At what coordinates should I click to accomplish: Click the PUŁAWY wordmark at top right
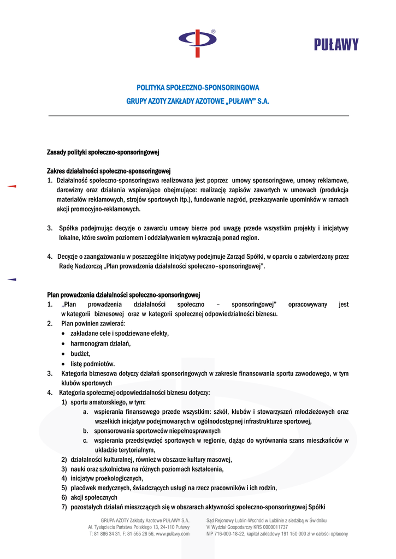336,44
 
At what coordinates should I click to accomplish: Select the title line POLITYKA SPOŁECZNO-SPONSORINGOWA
198,87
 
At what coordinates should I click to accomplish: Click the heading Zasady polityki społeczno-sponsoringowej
103,151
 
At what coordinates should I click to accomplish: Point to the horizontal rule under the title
198,116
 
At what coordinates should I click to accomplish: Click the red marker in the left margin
11,187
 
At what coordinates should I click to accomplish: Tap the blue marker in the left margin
11,279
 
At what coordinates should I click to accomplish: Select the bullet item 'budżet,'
80,353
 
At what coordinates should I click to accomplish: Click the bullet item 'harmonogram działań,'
101,343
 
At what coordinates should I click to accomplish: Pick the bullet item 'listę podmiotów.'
92,364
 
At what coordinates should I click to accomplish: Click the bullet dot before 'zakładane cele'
64,334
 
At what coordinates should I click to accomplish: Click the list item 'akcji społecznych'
93,498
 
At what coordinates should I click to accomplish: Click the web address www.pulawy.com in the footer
173,534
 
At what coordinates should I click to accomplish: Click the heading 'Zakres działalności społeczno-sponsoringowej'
109,170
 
